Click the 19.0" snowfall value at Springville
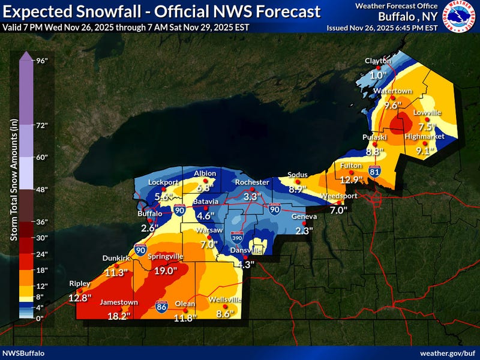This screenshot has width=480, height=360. click(x=166, y=271)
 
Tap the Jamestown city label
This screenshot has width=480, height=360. click(x=119, y=302)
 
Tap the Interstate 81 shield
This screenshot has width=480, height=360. click(x=375, y=172)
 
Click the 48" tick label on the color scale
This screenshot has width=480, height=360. click(x=41, y=189)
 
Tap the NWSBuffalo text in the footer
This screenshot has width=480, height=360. click(x=23, y=353)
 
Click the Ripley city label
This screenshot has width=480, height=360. click(x=79, y=283)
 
